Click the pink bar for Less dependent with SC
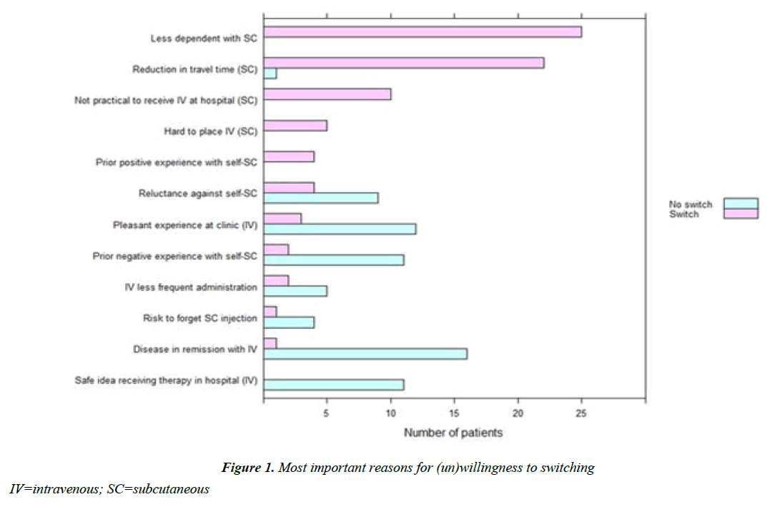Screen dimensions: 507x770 (423, 32)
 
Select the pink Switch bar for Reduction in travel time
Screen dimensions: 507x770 (404, 63)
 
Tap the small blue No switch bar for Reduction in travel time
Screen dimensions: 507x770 (270, 74)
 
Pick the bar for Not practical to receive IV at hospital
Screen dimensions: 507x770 (327, 94)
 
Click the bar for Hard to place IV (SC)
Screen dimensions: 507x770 (295, 126)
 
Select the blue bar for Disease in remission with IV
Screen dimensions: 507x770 (365, 354)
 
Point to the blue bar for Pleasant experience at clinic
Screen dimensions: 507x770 (340, 229)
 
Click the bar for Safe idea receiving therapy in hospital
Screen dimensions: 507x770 (334, 385)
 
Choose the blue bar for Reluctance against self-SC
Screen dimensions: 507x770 (321, 197)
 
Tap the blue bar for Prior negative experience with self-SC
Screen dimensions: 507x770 (334, 260)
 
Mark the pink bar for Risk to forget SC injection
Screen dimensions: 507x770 (270, 312)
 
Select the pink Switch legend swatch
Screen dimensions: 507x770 (740, 214)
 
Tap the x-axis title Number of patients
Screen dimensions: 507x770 (453, 433)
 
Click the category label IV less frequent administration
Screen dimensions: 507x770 (190, 287)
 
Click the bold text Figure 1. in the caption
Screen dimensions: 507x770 (247, 468)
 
